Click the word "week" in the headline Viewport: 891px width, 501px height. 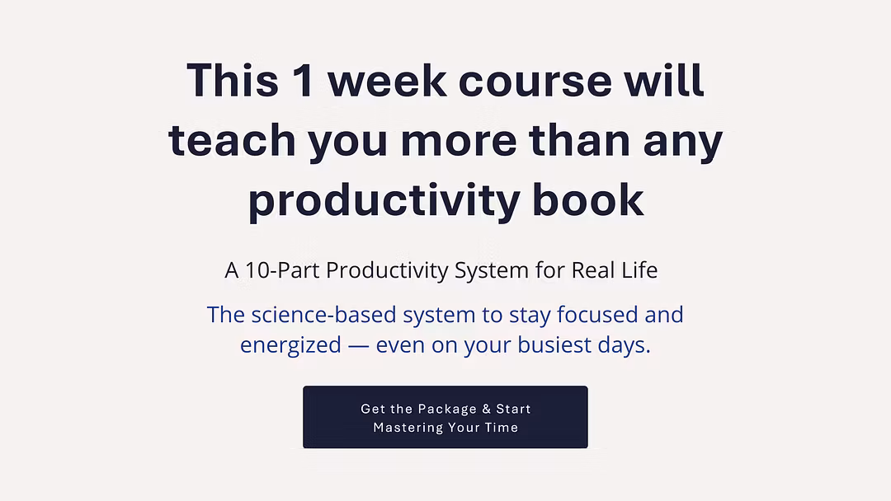coord(387,80)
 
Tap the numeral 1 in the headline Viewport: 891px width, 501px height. coord(303,80)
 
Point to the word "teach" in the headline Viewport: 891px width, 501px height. coord(232,140)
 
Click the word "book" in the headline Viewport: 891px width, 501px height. coord(587,199)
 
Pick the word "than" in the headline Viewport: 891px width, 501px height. coord(580,140)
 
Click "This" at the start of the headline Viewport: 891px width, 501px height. coord(233,80)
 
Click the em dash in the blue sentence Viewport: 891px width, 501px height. coord(359,345)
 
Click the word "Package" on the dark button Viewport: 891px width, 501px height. coord(447,409)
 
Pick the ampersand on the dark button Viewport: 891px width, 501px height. coord(487,409)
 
